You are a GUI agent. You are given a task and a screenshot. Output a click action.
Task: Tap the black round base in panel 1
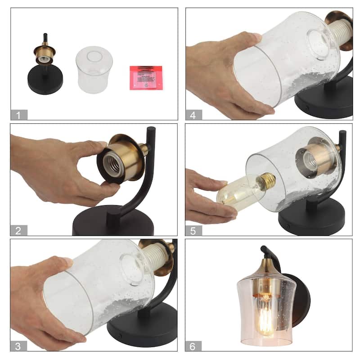45,81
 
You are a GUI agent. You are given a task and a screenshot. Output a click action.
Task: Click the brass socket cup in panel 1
45,54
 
